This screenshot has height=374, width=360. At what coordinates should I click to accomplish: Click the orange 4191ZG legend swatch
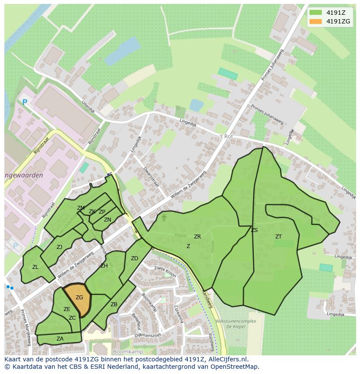point(316,21)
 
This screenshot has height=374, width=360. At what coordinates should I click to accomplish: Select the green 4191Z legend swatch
point(316,13)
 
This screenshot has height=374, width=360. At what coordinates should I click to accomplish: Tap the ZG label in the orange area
point(79,298)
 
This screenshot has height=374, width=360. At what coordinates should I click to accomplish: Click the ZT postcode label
point(278,237)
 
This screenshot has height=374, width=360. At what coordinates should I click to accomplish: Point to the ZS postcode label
point(254,230)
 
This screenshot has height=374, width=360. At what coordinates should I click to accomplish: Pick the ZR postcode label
point(197,237)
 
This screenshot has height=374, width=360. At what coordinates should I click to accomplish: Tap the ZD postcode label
point(134,258)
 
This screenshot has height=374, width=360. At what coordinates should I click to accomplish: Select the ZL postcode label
point(35,267)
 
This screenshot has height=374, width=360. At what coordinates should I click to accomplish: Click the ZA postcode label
point(60,339)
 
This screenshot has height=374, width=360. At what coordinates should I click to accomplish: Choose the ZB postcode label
point(114,304)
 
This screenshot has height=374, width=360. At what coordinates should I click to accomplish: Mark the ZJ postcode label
point(60,247)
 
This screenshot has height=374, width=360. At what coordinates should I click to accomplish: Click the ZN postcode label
point(107,220)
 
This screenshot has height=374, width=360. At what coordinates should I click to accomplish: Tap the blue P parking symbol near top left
point(25,103)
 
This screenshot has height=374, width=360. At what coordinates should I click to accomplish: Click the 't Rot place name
point(227,136)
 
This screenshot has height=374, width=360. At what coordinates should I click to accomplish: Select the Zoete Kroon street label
point(165,271)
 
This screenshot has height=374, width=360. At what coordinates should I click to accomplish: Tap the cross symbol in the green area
point(164,217)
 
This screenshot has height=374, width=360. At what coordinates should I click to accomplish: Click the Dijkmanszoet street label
point(147,334)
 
